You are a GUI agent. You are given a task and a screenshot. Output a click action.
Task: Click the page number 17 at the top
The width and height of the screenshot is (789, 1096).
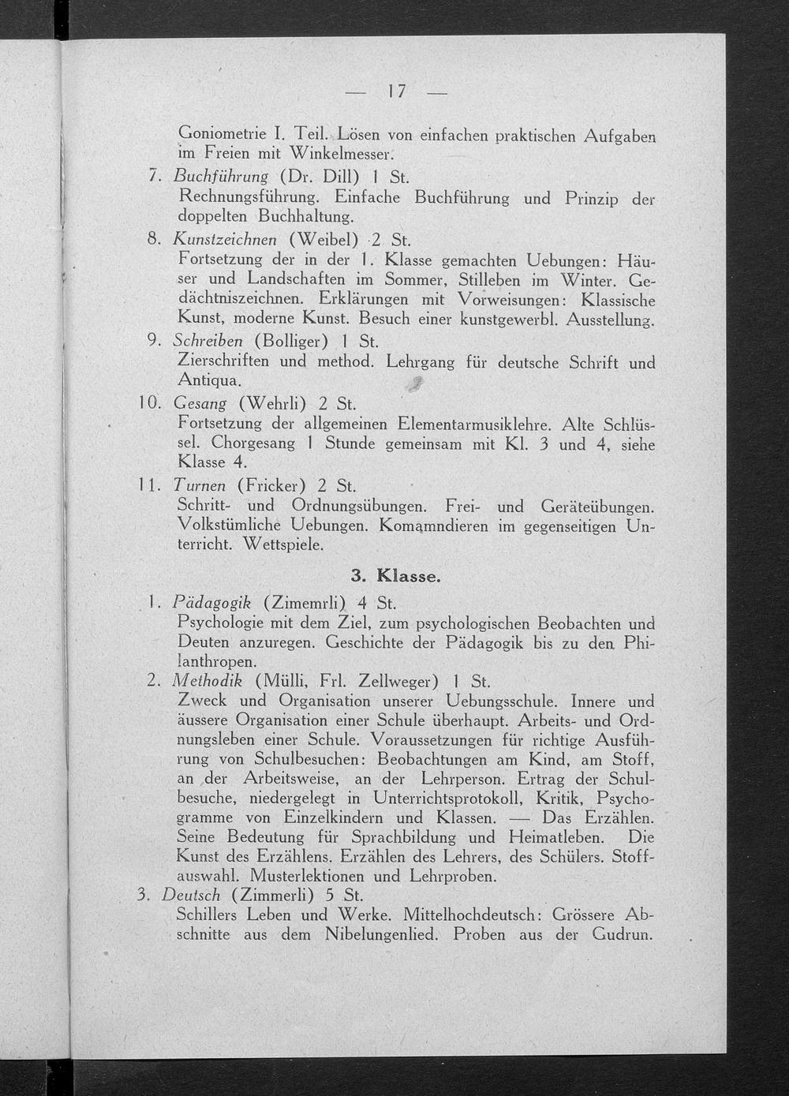click(397, 92)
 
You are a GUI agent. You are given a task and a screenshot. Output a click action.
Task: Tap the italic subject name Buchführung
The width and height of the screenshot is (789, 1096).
click(221, 176)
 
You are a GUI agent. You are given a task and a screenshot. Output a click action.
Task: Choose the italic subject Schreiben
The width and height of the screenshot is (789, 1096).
click(208, 342)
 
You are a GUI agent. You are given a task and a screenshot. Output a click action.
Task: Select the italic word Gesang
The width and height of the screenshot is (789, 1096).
click(200, 403)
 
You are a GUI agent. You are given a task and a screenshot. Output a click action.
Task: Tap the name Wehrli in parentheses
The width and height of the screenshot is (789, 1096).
click(276, 403)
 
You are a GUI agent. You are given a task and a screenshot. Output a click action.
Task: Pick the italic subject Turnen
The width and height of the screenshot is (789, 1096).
click(199, 485)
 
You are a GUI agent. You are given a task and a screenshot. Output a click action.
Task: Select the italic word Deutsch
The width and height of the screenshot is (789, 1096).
click(190, 896)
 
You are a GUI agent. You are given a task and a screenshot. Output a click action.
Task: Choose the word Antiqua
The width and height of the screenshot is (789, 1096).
click(204, 381)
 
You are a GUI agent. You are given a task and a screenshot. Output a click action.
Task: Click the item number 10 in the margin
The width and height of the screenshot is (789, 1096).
click(146, 403)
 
